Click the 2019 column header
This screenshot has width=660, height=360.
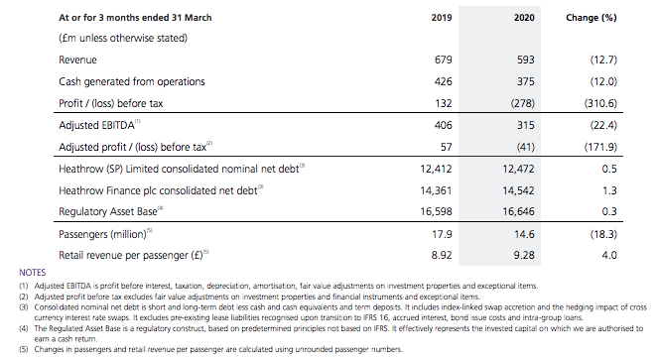tap(442, 18)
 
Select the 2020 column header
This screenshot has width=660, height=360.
tap(524, 18)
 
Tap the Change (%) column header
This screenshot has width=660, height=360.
tap(591, 18)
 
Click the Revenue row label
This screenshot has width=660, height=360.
tap(77, 60)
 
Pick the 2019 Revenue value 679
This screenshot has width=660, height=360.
tap(444, 60)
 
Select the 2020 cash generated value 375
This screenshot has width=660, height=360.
tap(526, 81)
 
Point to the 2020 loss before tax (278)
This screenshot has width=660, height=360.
tap(523, 103)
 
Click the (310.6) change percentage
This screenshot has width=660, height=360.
tap(600, 103)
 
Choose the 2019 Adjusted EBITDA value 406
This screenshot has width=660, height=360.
tap(444, 125)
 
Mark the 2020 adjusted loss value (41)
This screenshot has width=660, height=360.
tap(525, 147)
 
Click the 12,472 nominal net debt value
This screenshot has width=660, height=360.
tap(518, 169)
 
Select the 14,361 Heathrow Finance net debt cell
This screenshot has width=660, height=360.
tap(436, 191)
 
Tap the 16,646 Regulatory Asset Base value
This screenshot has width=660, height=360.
tap(518, 211)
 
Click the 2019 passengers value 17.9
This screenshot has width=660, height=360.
tap(442, 234)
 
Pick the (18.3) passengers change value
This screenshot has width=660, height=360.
tap(603, 234)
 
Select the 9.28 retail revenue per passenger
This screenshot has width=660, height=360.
tap(524, 255)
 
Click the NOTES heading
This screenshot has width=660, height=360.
tap(33, 273)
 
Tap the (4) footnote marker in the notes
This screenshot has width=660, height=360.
tap(24, 328)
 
